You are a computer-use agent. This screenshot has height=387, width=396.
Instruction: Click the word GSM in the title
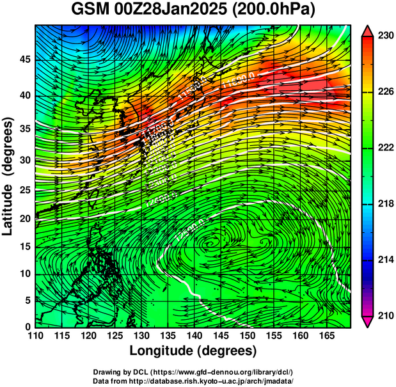click(x=90, y=11)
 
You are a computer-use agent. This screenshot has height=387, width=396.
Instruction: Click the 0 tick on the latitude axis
click(x=28, y=327)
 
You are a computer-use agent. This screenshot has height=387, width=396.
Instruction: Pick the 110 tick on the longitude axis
click(x=35, y=336)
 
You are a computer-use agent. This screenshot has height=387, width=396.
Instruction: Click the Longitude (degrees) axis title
click(x=193, y=351)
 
